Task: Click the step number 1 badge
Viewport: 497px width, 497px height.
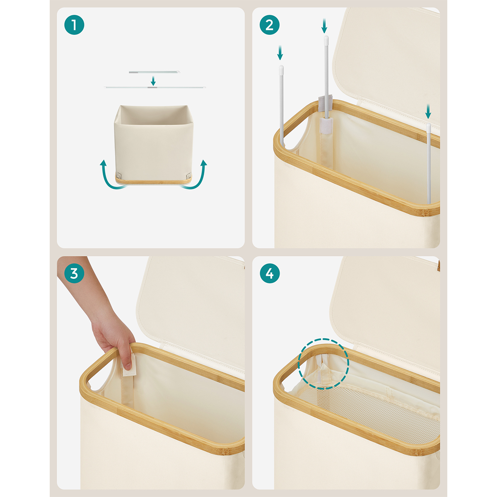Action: tap(74, 25)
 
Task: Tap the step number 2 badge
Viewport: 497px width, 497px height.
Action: tap(270, 25)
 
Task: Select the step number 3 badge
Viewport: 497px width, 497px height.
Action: tap(74, 273)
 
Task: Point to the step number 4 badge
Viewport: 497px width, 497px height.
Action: tap(270, 273)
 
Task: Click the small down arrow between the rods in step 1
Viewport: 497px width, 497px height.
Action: tap(153, 81)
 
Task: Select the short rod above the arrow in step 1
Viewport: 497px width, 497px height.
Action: tap(154, 72)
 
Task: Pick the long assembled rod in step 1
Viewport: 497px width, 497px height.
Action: tap(155, 87)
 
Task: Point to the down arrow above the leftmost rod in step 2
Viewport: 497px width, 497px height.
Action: tap(280, 53)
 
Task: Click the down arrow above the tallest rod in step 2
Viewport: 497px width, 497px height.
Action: tap(324, 26)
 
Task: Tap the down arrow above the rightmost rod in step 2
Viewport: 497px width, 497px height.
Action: tap(428, 111)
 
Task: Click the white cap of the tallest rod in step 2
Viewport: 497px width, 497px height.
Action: tap(326, 39)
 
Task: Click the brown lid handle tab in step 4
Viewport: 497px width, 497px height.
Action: tap(438, 266)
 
